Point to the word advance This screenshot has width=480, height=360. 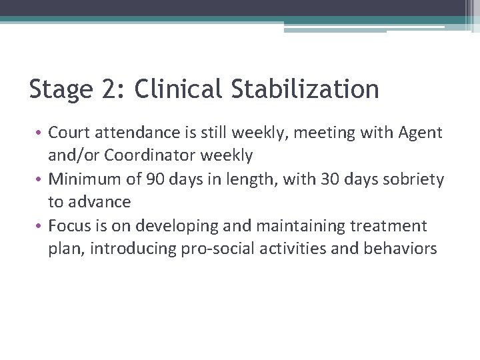point(99,202)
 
